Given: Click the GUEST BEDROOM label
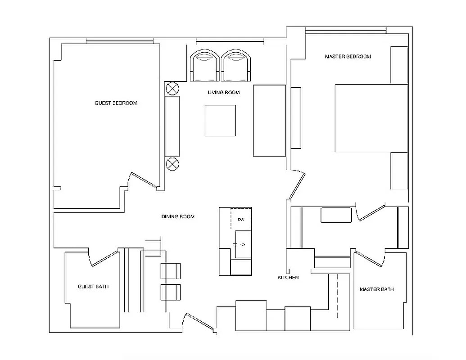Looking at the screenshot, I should (x=116, y=103).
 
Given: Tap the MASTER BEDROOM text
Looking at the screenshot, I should (x=348, y=57).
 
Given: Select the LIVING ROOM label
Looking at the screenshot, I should (x=223, y=93).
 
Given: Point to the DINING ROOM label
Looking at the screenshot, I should (x=178, y=216).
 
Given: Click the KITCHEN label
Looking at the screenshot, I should (x=288, y=277).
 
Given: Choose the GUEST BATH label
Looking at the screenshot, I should (x=93, y=287).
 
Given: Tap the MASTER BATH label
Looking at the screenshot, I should (x=376, y=289).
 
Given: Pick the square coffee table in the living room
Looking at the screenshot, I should (x=220, y=121).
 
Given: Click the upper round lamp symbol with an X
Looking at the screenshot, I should (x=172, y=88).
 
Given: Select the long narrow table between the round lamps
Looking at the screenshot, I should (x=172, y=126).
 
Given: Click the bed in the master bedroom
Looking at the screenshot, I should (x=371, y=118).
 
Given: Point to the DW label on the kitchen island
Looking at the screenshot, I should (x=241, y=220).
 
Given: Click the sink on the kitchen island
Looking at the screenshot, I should (x=243, y=244).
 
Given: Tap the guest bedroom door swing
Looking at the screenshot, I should (x=143, y=180).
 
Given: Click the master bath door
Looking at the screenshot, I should (x=370, y=258).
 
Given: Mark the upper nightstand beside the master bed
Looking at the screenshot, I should (x=399, y=65).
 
